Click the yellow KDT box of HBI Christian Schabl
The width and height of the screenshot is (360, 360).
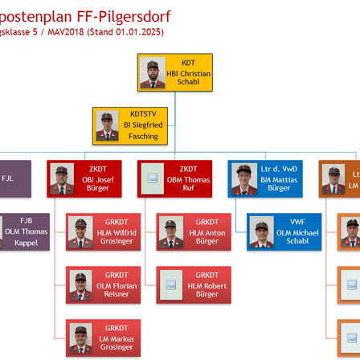coord(175,73)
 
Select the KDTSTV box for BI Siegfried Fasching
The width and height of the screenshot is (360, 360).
coord(129,126)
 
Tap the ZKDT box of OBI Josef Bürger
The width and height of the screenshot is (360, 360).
coord(84,179)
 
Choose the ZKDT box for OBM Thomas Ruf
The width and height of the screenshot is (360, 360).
coord(175,179)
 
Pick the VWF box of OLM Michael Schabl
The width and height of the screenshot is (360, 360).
coord(284,231)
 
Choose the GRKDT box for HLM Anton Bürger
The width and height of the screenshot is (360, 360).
coord(194,231)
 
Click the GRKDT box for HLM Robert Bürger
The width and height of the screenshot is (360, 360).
coord(194,284)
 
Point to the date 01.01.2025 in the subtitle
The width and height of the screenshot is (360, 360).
coord(145,31)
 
